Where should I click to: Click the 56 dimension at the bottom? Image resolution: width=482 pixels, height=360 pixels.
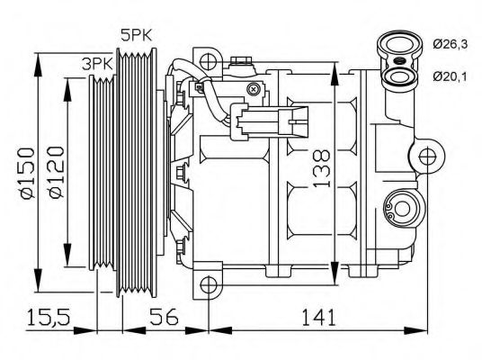coord(163,317)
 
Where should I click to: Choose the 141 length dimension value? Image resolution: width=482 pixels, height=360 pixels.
coord(319,317)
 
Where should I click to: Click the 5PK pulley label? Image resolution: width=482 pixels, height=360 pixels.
coord(138,36)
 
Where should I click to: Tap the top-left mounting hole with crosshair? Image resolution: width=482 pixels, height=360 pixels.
coord(209,62)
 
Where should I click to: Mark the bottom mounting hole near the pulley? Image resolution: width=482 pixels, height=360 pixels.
coord(209,285)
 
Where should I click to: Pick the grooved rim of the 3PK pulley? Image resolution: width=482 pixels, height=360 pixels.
coord(102,171)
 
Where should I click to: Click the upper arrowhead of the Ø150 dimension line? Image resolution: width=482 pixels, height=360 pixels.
coord(38,60)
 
